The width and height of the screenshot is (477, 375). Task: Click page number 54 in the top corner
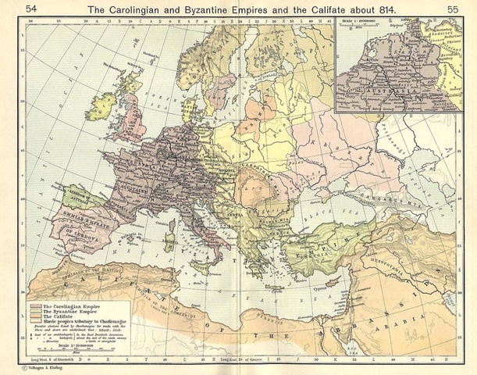point(13,8)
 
